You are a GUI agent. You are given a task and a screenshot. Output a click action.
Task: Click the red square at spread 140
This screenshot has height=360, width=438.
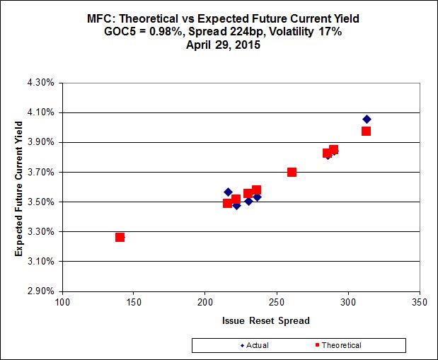pos(120,237)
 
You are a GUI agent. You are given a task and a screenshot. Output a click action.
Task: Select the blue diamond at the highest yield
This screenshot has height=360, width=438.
pos(367,119)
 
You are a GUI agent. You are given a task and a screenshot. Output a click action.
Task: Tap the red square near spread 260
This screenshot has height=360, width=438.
pos(292,172)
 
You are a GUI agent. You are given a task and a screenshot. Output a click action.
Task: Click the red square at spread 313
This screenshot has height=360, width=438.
pos(366,131)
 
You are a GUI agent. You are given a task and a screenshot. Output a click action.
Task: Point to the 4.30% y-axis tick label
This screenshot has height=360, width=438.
pos(43,83)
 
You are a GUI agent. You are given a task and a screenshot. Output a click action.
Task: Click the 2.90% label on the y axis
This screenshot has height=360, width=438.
pos(43,291)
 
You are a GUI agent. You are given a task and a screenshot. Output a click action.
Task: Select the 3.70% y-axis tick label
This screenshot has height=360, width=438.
pos(43,172)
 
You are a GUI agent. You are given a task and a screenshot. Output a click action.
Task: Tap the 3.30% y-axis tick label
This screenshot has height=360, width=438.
pos(43,231)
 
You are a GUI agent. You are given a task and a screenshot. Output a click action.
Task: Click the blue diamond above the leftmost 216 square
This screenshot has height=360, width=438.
pos(228,192)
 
